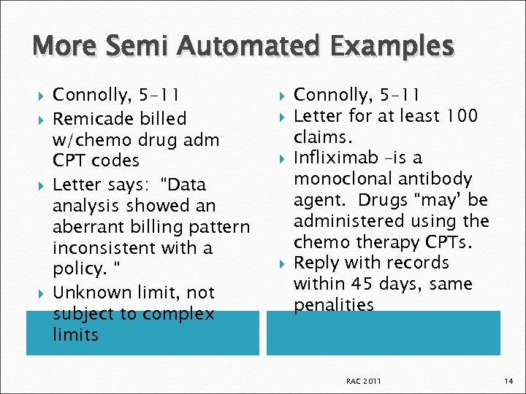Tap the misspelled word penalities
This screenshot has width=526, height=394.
[x=333, y=305]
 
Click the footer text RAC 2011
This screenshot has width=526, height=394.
[x=363, y=381]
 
